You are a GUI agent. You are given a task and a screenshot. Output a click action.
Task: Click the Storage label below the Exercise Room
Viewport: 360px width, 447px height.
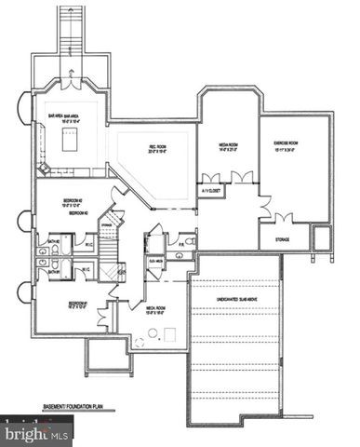tap(283, 239)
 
